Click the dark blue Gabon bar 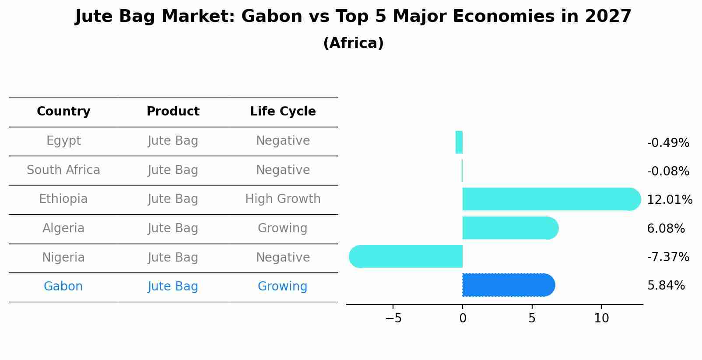(x=509, y=285)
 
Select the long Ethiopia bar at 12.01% (x=551, y=199)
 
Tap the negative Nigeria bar (x=406, y=257)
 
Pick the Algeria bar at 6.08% (x=510, y=228)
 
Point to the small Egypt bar (x=459, y=142)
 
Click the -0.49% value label (x=668, y=143)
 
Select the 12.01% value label (x=670, y=199)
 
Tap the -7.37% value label (x=668, y=257)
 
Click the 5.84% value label (x=666, y=286)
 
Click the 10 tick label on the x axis (x=601, y=318)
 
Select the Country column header (x=63, y=111)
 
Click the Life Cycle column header (x=283, y=111)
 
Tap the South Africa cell (x=63, y=170)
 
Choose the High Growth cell (x=283, y=199)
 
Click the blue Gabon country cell (x=63, y=286)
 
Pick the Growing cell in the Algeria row (x=282, y=228)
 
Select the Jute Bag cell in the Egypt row (x=173, y=141)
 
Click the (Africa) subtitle (x=353, y=43)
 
